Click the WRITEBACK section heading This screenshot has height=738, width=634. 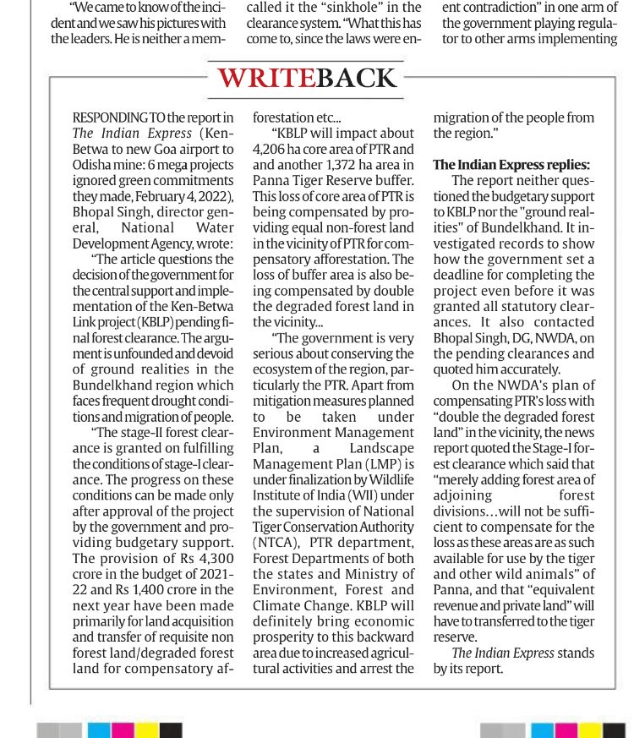[308, 78]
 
